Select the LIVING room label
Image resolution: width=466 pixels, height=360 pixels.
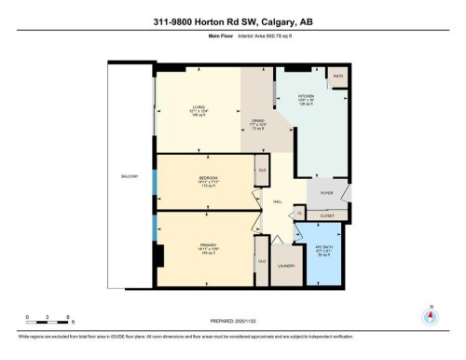click(197, 107)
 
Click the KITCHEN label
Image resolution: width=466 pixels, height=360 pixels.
click(307, 97)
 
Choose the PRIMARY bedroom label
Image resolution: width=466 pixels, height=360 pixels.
click(208, 247)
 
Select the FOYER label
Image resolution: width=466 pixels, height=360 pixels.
click(326, 194)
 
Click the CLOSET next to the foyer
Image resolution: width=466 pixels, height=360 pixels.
click(326, 215)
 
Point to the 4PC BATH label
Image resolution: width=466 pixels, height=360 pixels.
click(323, 250)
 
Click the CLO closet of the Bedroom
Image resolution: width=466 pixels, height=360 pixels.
click(262, 171)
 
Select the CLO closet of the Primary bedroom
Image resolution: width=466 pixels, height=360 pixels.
click(262, 261)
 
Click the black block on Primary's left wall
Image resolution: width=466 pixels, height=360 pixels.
click(159, 255)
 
